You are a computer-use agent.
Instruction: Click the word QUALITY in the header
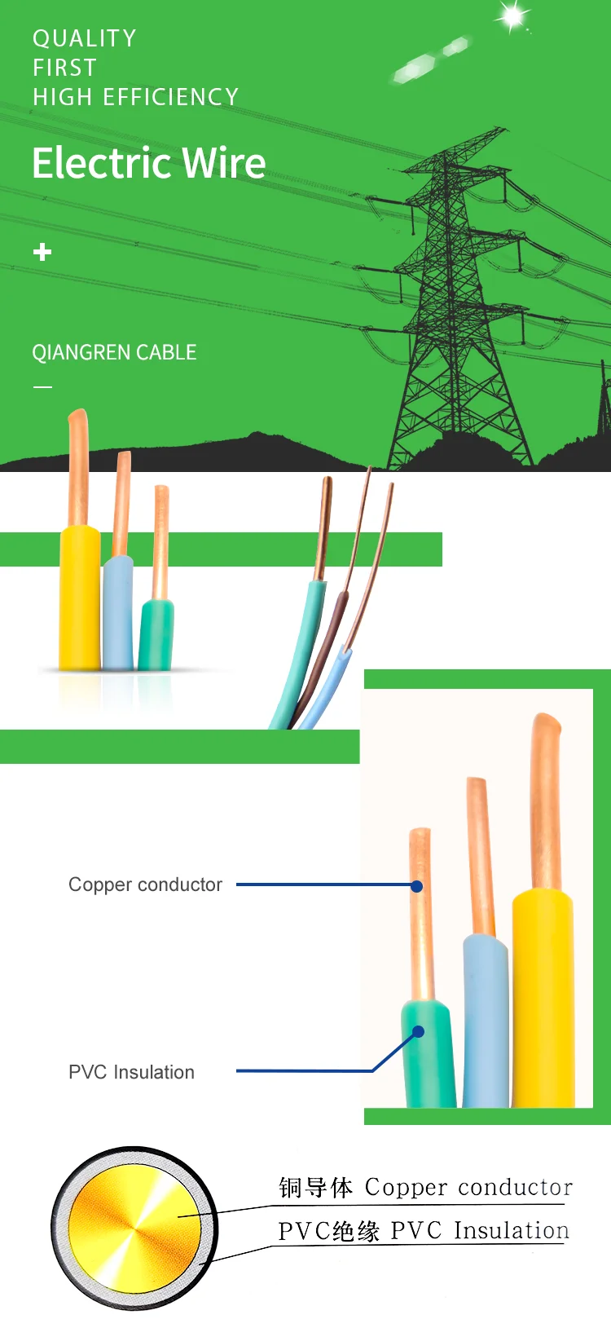(84, 38)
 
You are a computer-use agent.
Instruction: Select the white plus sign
(42, 252)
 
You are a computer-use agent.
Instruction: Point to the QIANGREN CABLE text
(114, 352)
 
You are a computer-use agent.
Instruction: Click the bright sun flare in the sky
(512, 15)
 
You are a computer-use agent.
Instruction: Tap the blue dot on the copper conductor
(417, 886)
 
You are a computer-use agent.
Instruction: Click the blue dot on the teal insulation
(418, 1032)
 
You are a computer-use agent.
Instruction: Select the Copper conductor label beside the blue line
(145, 884)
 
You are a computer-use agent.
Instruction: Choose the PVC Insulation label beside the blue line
(131, 1072)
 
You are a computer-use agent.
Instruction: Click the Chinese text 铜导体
(315, 1188)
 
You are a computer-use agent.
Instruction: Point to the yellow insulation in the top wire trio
(80, 599)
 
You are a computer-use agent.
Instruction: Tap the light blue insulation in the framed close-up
(486, 1019)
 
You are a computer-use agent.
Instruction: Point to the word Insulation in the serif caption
(511, 1230)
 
